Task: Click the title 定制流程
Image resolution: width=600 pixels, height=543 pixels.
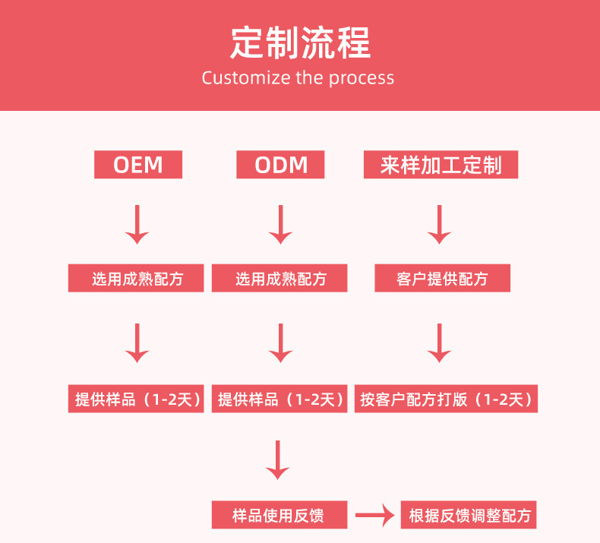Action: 300,43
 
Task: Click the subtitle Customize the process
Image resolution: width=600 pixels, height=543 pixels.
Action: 298,78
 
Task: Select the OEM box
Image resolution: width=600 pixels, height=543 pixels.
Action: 137,165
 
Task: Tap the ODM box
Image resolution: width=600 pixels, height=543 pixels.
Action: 279,165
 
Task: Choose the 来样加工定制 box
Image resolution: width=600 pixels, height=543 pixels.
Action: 441,165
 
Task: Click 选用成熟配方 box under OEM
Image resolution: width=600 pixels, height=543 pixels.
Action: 137,279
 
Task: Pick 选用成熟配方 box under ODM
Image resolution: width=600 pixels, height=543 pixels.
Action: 279,279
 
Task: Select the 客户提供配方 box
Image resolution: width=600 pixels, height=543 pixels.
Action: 442,279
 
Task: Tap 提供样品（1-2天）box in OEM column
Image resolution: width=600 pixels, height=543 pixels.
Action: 137,399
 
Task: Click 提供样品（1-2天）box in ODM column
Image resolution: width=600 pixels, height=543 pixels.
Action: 279,399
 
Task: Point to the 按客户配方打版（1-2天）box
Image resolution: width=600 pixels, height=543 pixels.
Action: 446,399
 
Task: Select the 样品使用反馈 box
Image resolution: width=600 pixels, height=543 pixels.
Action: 279,516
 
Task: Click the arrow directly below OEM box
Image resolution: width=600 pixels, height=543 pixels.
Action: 137,224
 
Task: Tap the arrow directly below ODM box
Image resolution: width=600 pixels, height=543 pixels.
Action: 280,224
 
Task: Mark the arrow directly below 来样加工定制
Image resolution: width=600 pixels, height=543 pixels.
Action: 439,224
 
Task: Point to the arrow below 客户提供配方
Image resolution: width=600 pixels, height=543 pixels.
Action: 439,343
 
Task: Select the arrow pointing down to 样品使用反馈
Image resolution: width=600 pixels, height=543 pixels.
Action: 278,459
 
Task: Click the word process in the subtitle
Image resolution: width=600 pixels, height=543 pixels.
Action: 361,78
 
